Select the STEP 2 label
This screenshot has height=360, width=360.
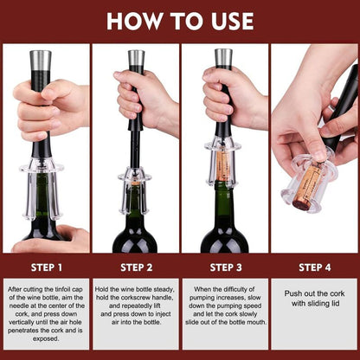[x=135, y=266]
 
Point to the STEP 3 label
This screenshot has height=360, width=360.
[x=224, y=266]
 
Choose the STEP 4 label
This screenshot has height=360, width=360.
[x=314, y=266]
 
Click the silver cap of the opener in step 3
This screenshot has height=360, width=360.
[x=223, y=58]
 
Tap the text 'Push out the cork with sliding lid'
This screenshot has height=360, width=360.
[x=314, y=299]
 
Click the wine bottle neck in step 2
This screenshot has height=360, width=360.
[x=135, y=203]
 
